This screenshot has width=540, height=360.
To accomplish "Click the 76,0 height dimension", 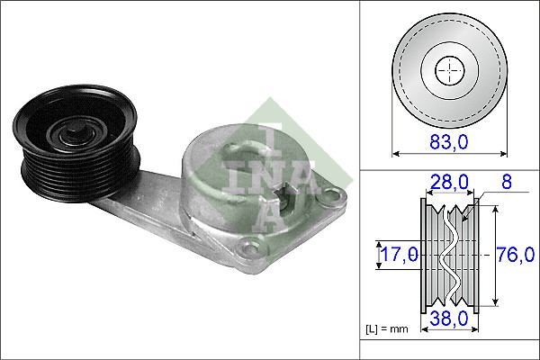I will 514,255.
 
